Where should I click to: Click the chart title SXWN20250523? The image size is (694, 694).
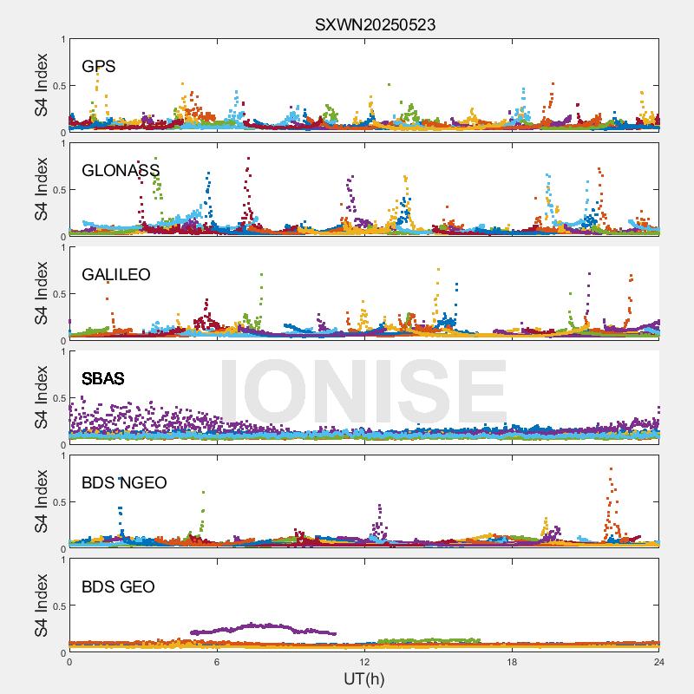coord(375,25)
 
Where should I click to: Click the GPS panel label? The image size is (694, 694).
coord(99,66)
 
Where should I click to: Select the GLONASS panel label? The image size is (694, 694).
coord(121,170)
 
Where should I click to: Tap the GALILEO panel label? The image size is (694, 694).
coord(116,274)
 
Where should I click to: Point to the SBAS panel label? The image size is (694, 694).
coord(103,378)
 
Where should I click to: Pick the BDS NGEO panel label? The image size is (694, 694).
coord(124,483)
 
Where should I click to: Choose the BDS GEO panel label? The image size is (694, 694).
coord(118,587)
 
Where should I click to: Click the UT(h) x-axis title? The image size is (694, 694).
coord(363,678)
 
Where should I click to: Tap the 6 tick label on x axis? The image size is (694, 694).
coord(217,662)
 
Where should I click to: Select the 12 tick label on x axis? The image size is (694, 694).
coord(364,662)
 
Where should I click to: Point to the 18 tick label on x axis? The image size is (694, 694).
coord(512,662)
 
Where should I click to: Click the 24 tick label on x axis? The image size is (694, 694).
coord(658,662)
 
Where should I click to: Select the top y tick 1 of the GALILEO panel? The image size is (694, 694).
coord(62,247)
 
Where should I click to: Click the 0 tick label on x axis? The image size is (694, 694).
coord(69,662)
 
